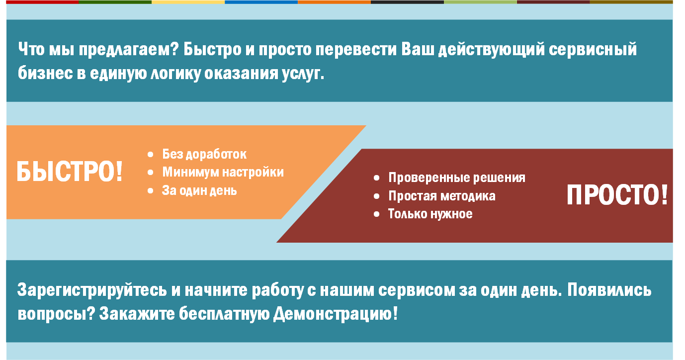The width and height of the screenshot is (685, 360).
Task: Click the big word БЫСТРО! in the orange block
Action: coord(70,172)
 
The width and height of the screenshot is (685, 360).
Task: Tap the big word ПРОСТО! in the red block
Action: coord(617,195)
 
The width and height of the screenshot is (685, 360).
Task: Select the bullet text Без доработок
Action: coord(204,154)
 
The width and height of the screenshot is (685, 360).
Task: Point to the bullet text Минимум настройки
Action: coord(223,172)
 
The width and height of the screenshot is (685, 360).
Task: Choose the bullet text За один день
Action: coord(199,190)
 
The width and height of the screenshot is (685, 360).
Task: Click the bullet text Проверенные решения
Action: coord(457,178)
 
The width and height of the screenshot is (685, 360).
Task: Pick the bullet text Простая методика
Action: coord(442,196)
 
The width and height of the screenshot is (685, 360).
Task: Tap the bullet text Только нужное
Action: coord(430,214)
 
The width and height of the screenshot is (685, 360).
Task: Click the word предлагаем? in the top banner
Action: coord(129,50)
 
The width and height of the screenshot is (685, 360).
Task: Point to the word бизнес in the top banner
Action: coord(45,73)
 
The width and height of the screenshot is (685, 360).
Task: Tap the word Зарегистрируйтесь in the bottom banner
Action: coord(92,290)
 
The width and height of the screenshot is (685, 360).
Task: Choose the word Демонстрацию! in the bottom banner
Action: coord(336,314)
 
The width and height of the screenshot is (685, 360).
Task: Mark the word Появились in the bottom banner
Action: coord(609,290)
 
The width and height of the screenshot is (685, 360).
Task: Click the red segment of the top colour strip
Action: coord(42,2)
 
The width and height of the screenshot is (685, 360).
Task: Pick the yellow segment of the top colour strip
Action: coord(188,2)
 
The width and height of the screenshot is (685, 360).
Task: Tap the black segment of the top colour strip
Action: coord(407,2)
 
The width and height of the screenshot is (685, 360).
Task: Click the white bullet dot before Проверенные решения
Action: coord(376,178)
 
